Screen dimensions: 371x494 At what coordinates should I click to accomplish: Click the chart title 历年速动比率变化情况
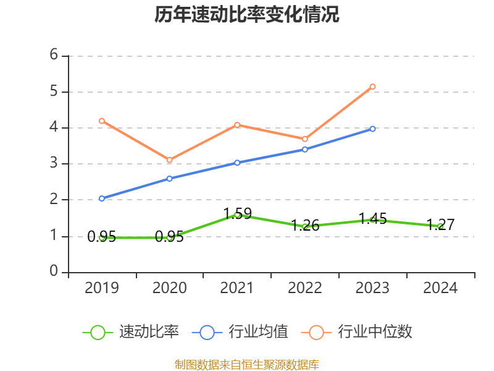click(x=247, y=14)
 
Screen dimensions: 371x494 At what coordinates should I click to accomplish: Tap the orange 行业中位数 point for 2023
click(x=372, y=87)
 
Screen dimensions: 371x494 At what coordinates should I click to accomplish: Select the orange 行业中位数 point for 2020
click(x=169, y=160)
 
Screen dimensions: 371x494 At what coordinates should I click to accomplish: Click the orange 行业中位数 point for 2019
click(x=102, y=121)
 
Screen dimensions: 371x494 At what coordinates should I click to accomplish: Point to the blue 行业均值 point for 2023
click(x=372, y=129)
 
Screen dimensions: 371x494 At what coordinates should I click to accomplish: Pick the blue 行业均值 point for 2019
click(x=102, y=198)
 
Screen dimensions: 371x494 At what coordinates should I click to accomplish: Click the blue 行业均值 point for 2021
click(x=237, y=163)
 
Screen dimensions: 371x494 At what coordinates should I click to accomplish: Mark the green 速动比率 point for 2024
click(x=440, y=226)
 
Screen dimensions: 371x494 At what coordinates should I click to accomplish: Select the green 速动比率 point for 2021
click(x=237, y=215)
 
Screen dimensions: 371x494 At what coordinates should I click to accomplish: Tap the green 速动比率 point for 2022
click(x=305, y=227)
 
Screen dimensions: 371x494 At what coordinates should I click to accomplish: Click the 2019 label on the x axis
click(x=102, y=288)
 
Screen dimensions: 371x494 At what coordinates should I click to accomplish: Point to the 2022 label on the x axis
click(x=305, y=288)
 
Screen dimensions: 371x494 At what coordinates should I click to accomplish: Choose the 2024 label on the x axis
click(x=440, y=288)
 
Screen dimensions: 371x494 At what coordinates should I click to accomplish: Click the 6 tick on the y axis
click(x=54, y=55)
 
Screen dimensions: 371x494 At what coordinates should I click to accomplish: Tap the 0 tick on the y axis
click(x=54, y=272)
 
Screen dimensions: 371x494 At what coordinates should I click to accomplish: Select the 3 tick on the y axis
click(x=54, y=163)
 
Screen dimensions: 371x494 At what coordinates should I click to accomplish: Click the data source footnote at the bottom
click(x=247, y=364)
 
